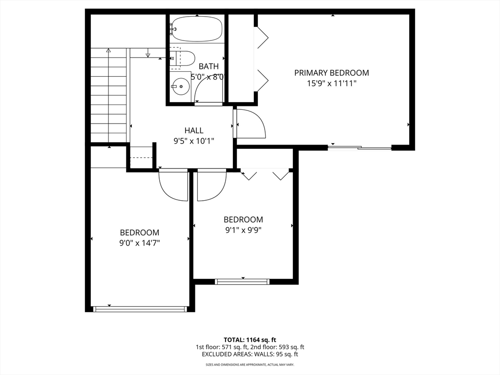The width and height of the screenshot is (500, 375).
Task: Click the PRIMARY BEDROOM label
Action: click(x=332, y=73)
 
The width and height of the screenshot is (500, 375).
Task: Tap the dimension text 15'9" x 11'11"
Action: click(x=332, y=83)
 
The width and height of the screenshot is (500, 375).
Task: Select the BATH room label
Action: click(x=208, y=66)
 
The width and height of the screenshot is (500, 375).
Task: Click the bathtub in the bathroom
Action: click(x=197, y=29)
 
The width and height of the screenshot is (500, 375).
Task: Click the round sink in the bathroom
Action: click(x=181, y=87)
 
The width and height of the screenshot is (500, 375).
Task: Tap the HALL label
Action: click(x=194, y=130)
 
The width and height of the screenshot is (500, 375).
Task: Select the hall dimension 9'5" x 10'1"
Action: click(x=194, y=141)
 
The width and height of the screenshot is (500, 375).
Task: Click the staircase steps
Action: click(x=109, y=95)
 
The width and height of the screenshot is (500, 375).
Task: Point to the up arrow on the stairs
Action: click(x=108, y=50)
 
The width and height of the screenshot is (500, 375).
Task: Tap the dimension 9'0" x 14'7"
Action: click(x=140, y=242)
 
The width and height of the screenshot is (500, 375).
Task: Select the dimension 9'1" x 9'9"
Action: click(x=243, y=230)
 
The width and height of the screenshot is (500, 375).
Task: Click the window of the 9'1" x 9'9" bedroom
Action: click(x=243, y=281)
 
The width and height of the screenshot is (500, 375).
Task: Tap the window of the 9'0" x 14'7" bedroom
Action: click(x=141, y=309)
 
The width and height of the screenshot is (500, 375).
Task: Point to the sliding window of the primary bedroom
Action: click(x=359, y=147)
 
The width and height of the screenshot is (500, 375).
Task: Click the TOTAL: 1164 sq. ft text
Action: click(x=250, y=339)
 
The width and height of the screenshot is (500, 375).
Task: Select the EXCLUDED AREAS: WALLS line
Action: click(x=250, y=354)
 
